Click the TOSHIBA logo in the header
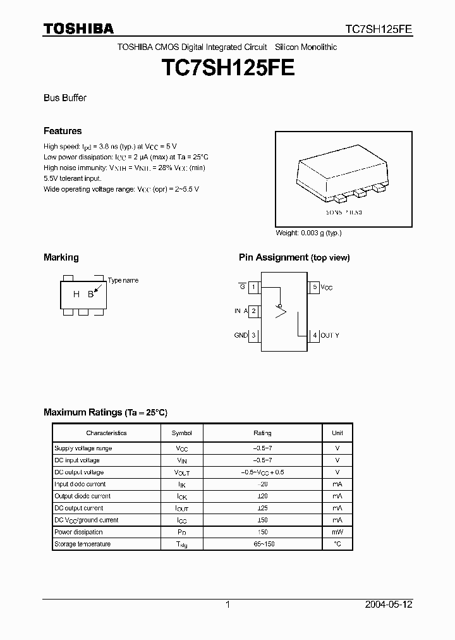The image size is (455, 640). pyautogui.click(x=78, y=28)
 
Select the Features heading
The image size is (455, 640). pyautogui.click(x=63, y=131)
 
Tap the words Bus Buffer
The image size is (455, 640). pyautogui.click(x=65, y=98)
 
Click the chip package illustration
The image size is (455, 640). pyautogui.click(x=344, y=174)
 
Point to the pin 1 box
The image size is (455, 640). pyautogui.click(x=253, y=287)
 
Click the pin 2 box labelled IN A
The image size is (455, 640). pyautogui.click(x=253, y=311)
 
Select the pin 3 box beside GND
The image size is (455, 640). pyautogui.click(x=253, y=335)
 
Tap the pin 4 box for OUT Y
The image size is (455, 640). pyautogui.click(x=314, y=335)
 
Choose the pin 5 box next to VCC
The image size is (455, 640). pyautogui.click(x=314, y=287)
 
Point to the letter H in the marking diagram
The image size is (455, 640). pyautogui.click(x=76, y=294)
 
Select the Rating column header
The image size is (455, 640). pyautogui.click(x=262, y=433)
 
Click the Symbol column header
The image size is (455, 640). pyautogui.click(x=181, y=433)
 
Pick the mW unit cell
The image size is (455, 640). pyautogui.click(x=337, y=532)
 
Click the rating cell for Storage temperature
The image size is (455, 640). pyautogui.click(x=262, y=544)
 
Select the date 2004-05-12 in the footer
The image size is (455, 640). pyautogui.click(x=389, y=605)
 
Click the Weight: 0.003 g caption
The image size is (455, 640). pyautogui.click(x=308, y=233)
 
